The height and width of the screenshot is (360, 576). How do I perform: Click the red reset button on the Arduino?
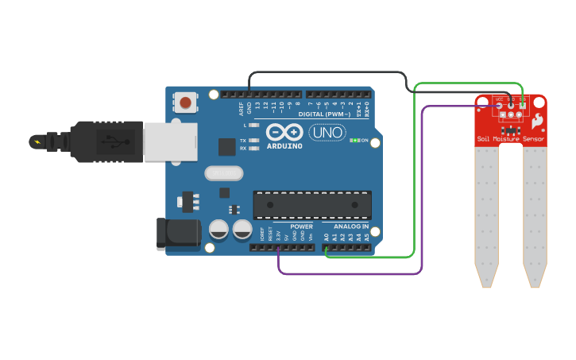click(x=185, y=102)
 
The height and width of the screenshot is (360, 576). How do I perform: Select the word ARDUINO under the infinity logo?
click(x=284, y=145)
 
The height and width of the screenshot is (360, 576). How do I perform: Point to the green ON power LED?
click(x=354, y=141)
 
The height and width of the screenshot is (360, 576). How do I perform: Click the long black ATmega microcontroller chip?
click(x=312, y=204)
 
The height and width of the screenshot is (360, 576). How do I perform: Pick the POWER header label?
click(x=301, y=226)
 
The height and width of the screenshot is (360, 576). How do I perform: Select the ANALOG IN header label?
click(x=350, y=226)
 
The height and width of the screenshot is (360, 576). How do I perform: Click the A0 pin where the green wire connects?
click(x=327, y=248)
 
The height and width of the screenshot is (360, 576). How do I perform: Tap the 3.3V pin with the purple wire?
click(x=278, y=248)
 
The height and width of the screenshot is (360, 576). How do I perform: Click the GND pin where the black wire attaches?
click(x=249, y=95)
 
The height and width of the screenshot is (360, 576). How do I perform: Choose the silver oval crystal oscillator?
click(x=222, y=172)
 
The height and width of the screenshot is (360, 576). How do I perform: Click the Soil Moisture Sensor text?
click(x=511, y=138)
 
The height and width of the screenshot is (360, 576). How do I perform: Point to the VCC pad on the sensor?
click(x=499, y=105)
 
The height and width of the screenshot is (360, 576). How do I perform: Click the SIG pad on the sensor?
click(x=521, y=105)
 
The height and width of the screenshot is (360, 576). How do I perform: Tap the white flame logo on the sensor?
click(x=537, y=122)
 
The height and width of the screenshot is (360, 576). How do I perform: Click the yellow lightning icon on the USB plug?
click(x=36, y=141)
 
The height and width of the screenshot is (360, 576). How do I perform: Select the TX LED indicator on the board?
click(x=253, y=141)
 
